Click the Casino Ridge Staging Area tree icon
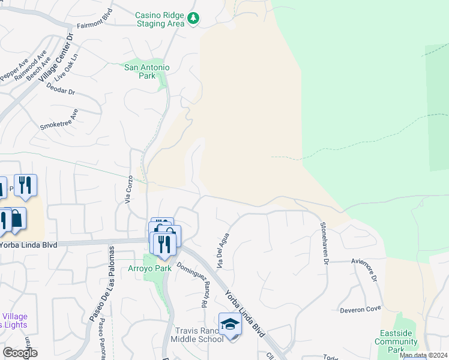tap(193, 19)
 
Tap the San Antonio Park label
tap(147, 71)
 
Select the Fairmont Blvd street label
tap(95, 26)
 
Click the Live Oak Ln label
tap(66, 71)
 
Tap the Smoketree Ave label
tap(59, 119)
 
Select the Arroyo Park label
tap(150, 268)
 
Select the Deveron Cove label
tap(361, 310)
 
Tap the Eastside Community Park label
tap(396, 341)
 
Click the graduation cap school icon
tap(230, 324)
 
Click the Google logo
tap(20, 353)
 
